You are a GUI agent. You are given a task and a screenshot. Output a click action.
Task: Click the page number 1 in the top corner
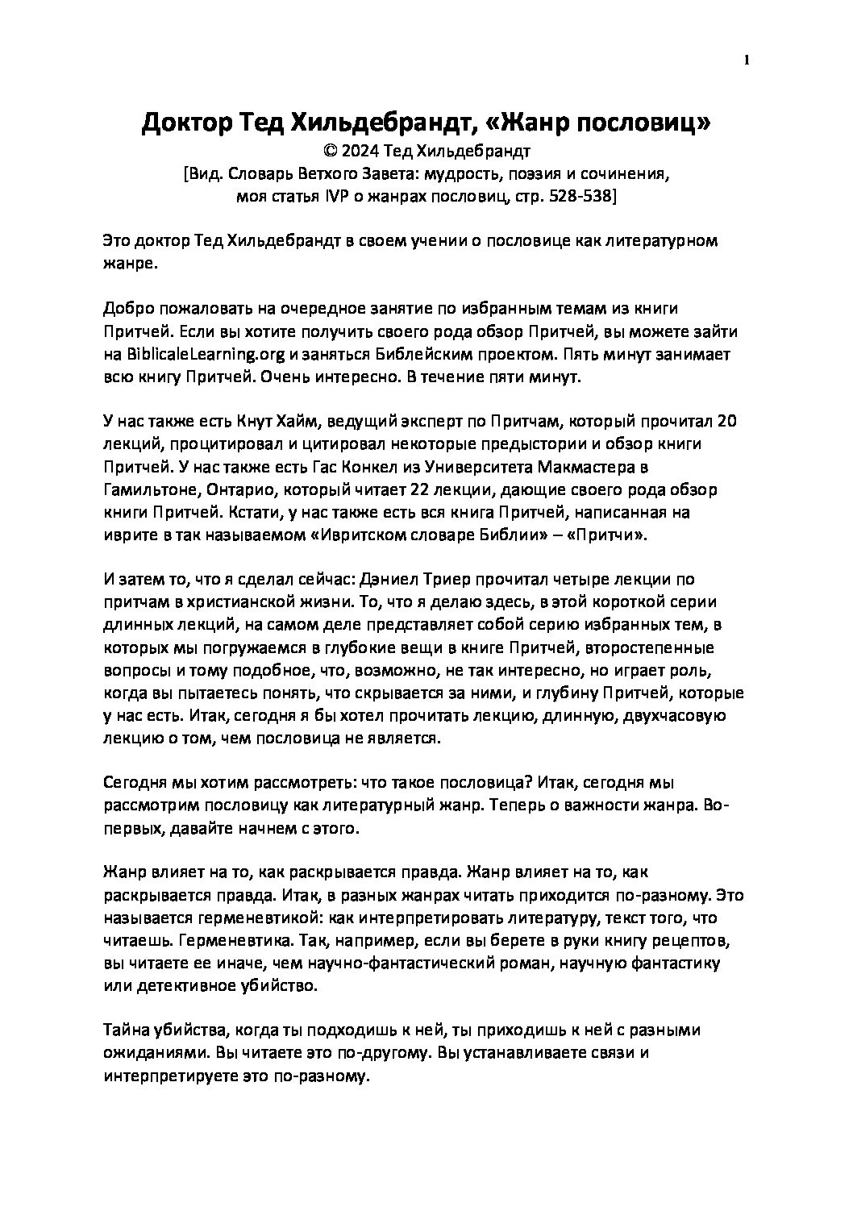pyautogui.click(x=747, y=59)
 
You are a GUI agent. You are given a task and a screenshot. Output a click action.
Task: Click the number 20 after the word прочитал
pyautogui.click(x=725, y=422)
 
